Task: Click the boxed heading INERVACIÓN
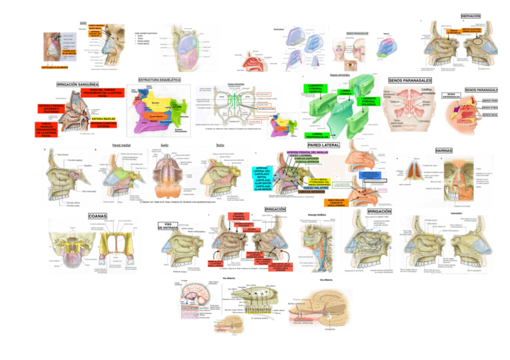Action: [x=470, y=15]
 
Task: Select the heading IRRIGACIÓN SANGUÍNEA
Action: [x=78, y=85]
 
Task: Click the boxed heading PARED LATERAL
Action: [x=324, y=145]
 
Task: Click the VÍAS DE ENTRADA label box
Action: [x=168, y=227]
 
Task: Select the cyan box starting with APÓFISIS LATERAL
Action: [x=261, y=178]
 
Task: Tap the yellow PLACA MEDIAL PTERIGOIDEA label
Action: [x=316, y=180]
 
